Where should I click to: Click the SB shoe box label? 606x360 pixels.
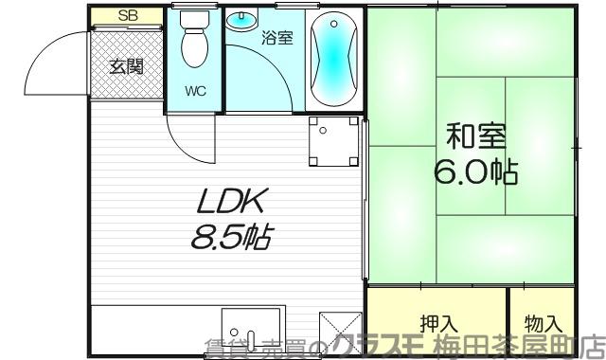(126, 16)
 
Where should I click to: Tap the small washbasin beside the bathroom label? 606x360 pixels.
(245, 19)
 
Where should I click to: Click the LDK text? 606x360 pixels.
(233, 201)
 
